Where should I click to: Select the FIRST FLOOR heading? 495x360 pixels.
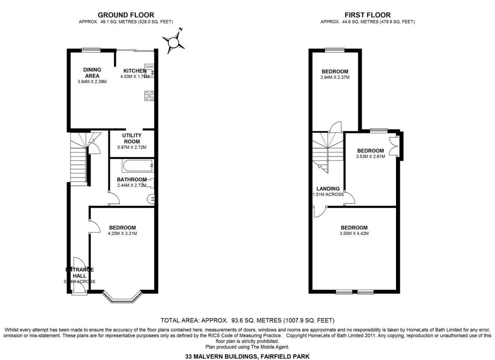368,15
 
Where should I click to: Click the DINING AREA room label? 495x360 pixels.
92,73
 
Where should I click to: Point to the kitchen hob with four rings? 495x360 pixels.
149,96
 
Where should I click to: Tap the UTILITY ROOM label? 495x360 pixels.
132,138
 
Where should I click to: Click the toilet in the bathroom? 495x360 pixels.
150,199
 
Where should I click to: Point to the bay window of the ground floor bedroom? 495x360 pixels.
123,298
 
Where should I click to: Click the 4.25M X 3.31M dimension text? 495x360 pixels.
123,234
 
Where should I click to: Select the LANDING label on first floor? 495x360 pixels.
328,189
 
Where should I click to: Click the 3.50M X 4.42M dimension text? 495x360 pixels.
354,234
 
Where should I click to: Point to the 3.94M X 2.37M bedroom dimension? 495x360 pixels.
335,77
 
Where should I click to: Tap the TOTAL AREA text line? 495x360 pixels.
247,320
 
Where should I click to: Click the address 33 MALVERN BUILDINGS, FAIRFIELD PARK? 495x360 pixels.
247,356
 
